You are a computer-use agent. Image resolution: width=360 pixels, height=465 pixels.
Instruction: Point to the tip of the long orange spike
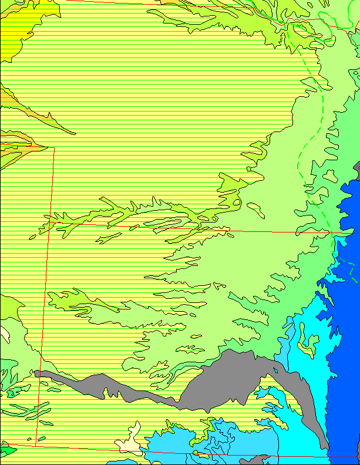[73, 133]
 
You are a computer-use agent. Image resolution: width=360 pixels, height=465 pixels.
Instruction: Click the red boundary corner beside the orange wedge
[54, 148]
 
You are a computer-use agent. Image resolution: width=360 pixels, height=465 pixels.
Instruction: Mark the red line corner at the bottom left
[35, 445]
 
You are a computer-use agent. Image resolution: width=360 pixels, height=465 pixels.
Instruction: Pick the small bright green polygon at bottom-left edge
[6, 451]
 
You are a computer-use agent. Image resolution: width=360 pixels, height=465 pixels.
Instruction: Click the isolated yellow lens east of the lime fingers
[256, 207]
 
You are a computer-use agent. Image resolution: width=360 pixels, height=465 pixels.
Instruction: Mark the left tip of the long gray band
[36, 372]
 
